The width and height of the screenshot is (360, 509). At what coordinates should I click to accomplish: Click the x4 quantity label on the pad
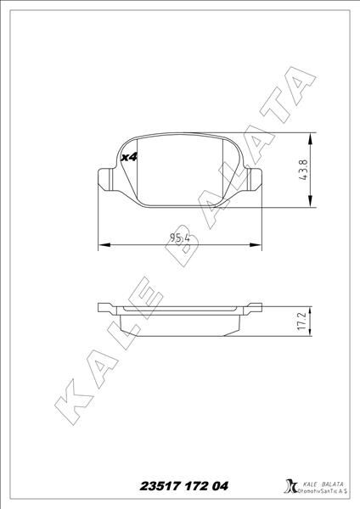[x=129, y=157]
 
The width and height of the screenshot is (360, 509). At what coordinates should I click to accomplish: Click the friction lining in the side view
[x=179, y=326]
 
